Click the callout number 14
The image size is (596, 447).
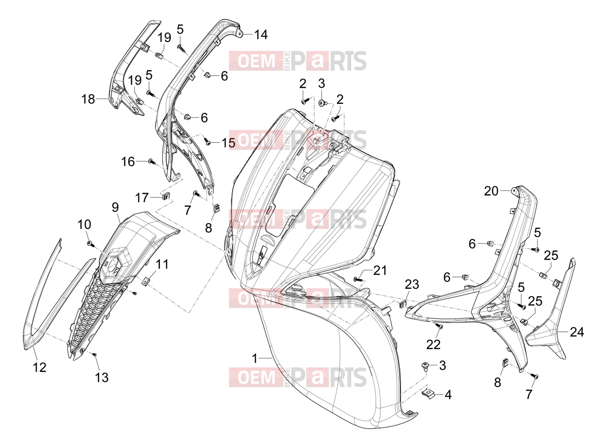pos(261,35)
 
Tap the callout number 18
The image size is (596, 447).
pos(88,99)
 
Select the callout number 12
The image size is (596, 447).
pos(40,367)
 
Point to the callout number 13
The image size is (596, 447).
pos(102,377)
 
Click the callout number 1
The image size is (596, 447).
pos(254,358)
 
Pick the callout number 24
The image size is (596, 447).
pos(577,332)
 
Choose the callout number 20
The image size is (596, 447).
pos(491,191)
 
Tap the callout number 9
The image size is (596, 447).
pos(115,208)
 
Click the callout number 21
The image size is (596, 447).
pos(380,270)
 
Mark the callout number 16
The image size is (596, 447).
pos(128,162)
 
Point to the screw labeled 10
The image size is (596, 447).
pos(90,244)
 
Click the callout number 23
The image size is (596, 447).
pos(412,284)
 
